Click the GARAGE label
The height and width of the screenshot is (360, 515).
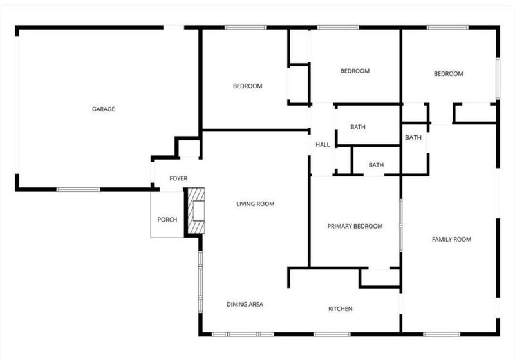[104, 109]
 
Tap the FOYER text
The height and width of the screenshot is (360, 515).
[178, 178]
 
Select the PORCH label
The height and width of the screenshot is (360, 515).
[167, 220]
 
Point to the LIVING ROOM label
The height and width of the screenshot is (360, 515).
[255, 204]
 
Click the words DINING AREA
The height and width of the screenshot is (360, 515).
[245, 305]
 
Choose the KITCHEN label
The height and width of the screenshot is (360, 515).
[341, 308]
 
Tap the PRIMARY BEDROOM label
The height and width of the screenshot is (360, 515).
[355, 226]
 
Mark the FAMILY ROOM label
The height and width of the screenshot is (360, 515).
[451, 240]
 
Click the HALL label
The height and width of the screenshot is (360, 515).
[323, 144]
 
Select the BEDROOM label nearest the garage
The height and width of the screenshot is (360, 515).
[248, 86]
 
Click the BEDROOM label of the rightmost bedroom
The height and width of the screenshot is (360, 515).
[448, 74]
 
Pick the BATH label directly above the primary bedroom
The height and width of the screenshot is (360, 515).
[376, 165]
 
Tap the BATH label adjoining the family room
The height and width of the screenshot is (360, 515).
[413, 138]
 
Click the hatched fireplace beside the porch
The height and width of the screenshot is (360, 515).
[196, 211]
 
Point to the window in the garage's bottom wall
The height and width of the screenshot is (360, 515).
[78, 189]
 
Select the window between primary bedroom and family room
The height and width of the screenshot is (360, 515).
[400, 225]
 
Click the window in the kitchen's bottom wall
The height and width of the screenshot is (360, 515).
[332, 334]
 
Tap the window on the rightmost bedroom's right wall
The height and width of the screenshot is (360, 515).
[498, 79]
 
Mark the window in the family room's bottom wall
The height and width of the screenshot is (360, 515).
[442, 334]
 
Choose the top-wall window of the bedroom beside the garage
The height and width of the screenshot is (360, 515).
[245, 28]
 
